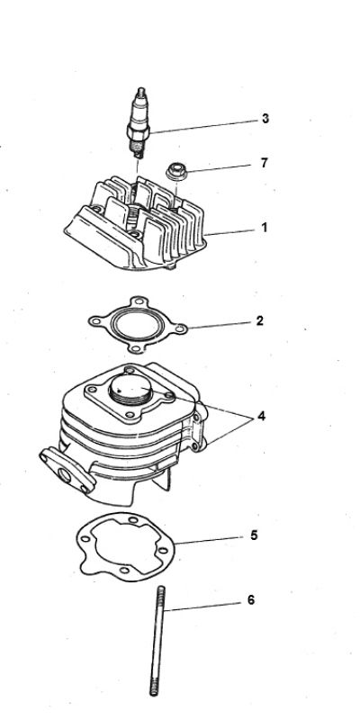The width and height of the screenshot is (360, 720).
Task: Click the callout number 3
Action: pyautogui.click(x=265, y=118)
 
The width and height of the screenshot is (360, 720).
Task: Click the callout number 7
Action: pyautogui.click(x=264, y=163)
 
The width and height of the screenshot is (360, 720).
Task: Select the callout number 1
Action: pyautogui.click(x=264, y=228)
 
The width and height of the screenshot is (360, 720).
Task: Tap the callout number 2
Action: pyautogui.click(x=260, y=320)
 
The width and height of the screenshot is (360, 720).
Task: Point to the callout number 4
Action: pyautogui.click(x=261, y=417)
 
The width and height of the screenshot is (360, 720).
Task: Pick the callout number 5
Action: pyautogui.click(x=254, y=535)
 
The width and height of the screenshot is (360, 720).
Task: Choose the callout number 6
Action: pyautogui.click(x=250, y=599)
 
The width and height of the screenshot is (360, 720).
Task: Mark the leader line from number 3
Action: pyautogui.click(x=202, y=125)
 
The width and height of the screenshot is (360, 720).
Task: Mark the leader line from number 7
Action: pyautogui.click(x=216, y=166)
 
